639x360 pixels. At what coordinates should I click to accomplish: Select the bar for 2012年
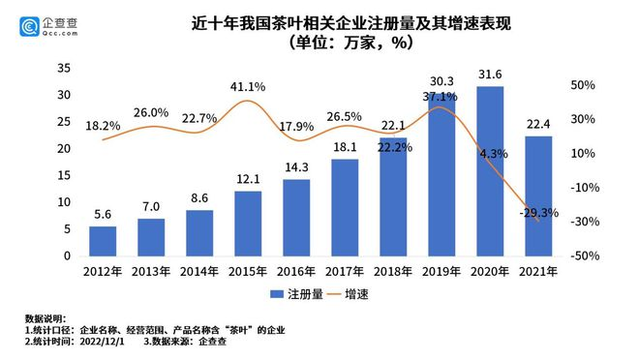point(102,242)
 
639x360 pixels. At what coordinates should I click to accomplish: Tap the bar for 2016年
point(296,218)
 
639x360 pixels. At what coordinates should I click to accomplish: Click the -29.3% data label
point(538,213)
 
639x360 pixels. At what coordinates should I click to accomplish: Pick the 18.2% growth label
point(103,126)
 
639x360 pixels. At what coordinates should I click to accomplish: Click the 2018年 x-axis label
point(393,271)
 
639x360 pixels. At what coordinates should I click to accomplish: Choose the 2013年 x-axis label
point(150,271)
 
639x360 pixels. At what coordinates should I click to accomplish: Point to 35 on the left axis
point(63,68)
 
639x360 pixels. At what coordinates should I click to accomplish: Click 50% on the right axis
point(584,85)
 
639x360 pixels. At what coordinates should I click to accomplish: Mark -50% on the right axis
point(582,256)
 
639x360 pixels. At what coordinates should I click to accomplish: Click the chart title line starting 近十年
point(319,21)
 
